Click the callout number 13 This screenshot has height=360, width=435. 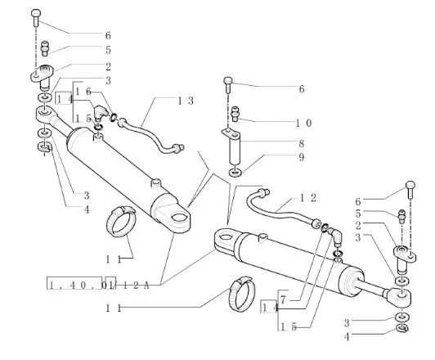pos(186,101)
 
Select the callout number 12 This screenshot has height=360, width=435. pos(308,198)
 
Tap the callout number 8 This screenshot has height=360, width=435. pos(301,143)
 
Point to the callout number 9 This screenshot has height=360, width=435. pos(301,157)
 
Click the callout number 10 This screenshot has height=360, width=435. pos(304,123)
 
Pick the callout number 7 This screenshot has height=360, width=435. pos(283,299)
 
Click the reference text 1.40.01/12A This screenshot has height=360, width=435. pos(98,285)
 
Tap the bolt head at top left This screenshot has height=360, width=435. pos(36,13)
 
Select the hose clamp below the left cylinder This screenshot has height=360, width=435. pos(121,222)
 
